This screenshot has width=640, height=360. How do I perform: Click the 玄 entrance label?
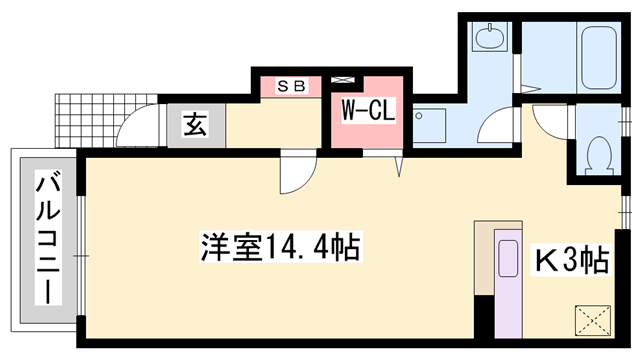point(195,126)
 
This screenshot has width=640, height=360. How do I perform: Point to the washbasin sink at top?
point(489,40)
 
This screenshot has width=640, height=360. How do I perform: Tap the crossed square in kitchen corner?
point(594,322)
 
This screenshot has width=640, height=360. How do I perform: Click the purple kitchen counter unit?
point(509,285)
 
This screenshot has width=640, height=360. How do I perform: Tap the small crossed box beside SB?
point(346,81)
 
